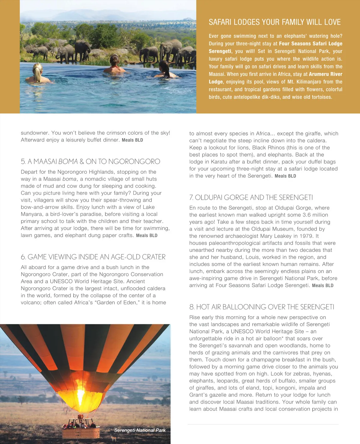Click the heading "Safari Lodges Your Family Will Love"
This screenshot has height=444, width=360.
coord(274,22)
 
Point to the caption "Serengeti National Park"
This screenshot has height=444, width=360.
coord(140,430)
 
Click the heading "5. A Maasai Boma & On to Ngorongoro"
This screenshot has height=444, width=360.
coord(90,161)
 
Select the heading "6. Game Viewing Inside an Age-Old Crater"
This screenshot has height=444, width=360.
coord(93,257)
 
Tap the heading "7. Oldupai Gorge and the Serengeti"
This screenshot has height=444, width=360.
coord(251,197)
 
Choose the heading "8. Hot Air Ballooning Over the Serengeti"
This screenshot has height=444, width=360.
coord(262,307)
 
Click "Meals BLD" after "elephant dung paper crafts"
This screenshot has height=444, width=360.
coord(147,235)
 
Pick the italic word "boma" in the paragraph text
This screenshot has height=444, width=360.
coord(69,179)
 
